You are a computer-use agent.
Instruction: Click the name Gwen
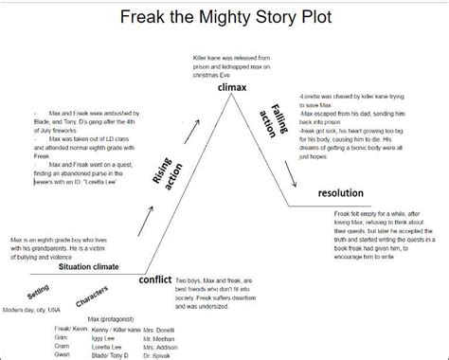click(x=63, y=353)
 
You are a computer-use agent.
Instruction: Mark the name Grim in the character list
click(x=62, y=339)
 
